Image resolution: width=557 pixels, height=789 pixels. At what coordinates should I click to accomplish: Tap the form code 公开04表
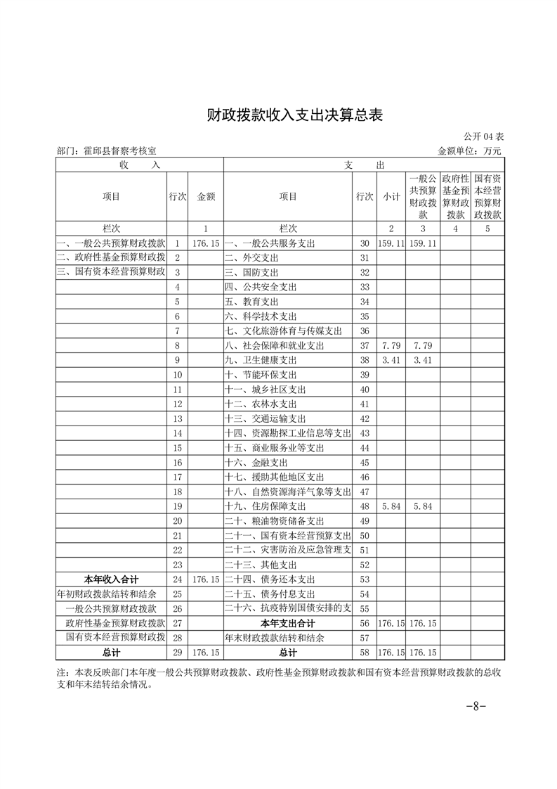pyautogui.click(x=484, y=136)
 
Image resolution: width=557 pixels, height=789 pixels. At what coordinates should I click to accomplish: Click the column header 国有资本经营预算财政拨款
pyautogui.click(x=487, y=197)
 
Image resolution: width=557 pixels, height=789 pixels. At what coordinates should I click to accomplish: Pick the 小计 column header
pyautogui.click(x=391, y=197)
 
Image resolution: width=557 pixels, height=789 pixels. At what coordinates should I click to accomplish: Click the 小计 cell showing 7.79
pyautogui.click(x=391, y=345)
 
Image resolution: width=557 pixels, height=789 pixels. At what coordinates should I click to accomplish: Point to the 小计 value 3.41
pyautogui.click(x=391, y=360)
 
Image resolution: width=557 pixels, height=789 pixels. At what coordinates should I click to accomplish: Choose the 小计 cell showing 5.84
pyautogui.click(x=391, y=506)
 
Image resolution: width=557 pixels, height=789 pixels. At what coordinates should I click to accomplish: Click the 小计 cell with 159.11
pyautogui.click(x=391, y=243)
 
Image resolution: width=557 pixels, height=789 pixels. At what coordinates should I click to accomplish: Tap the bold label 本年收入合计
pyautogui.click(x=111, y=579)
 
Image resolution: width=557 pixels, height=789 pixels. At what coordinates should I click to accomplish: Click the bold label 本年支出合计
pyautogui.click(x=288, y=623)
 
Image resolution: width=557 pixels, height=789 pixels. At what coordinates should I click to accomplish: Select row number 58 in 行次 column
pyautogui.click(x=364, y=653)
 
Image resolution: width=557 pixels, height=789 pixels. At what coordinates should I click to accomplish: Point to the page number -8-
pyautogui.click(x=477, y=706)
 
